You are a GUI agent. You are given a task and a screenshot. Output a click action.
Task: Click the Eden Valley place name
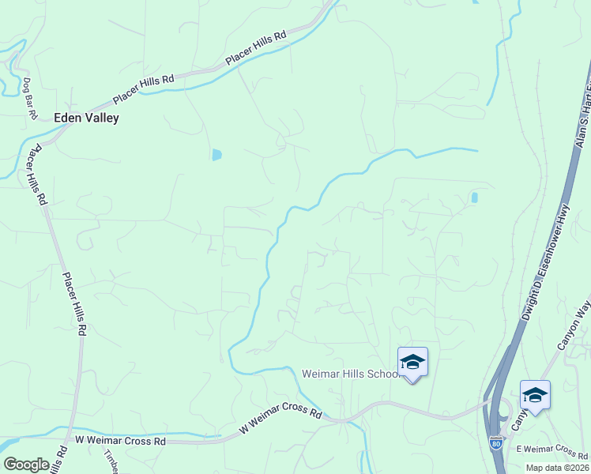(x=86, y=118)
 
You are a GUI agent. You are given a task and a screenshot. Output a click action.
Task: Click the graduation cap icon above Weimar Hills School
(x=412, y=362)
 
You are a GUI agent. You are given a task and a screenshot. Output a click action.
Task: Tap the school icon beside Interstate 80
(x=535, y=394)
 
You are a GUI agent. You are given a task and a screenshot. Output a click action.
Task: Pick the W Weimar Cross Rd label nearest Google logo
(x=120, y=441)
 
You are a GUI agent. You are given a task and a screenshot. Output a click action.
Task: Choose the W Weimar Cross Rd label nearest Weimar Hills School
(x=281, y=421)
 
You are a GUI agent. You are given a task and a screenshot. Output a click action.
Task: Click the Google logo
(x=26, y=465)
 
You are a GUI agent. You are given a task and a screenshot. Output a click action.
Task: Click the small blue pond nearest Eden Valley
(x=216, y=155)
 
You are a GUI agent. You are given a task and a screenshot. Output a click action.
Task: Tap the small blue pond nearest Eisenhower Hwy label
(x=474, y=197)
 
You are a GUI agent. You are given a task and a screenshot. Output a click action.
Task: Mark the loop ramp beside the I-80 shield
(x=500, y=412)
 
